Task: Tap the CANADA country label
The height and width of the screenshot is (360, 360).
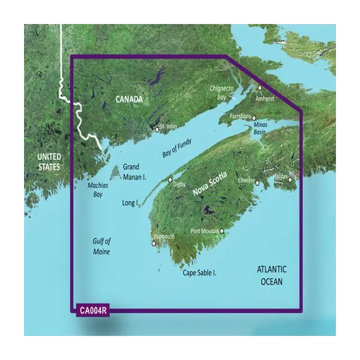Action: [129, 99]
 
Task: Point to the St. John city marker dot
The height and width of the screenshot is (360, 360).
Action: [157, 129]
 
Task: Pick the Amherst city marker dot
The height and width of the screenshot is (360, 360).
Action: [260, 88]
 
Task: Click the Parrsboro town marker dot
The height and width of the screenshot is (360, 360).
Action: [254, 118]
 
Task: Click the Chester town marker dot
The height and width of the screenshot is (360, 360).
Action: [257, 182]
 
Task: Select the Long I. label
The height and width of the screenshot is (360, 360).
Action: [130, 203]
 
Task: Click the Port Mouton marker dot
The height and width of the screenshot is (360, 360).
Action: [222, 231]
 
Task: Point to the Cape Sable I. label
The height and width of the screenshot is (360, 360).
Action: [199, 274]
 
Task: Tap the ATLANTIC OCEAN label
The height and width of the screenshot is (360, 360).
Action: [268, 275]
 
